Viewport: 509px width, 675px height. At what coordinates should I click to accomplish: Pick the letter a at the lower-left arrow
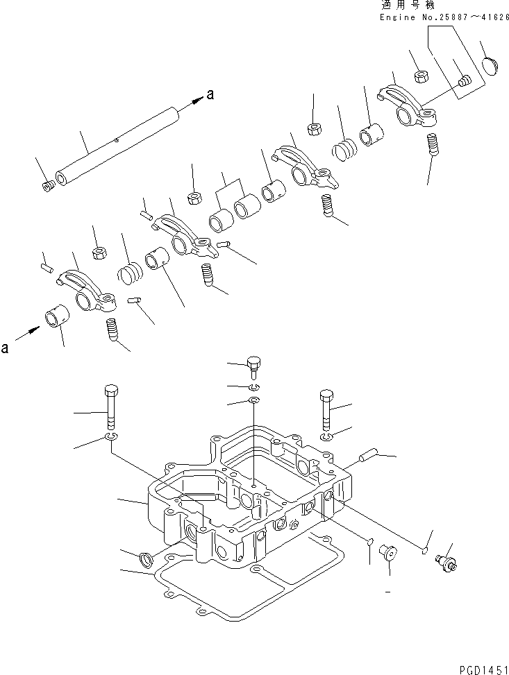click(6, 349)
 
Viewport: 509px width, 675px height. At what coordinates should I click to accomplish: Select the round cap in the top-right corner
click(492, 69)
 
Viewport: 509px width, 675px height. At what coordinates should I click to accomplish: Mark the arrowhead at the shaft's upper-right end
click(197, 101)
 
